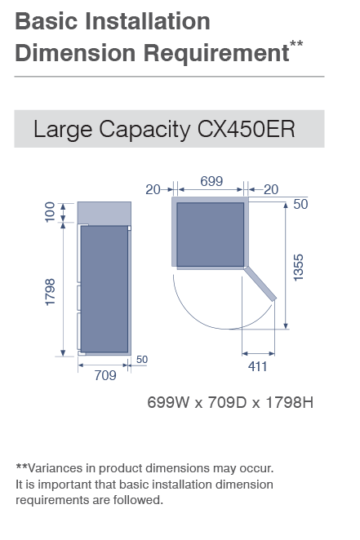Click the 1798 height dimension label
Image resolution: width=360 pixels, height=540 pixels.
pyautogui.click(x=51, y=292)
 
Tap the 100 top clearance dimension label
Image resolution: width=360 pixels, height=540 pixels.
pyautogui.click(x=51, y=212)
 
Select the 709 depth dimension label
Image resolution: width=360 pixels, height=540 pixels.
pyautogui.click(x=105, y=375)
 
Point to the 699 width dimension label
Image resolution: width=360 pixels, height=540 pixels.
pyautogui.click(x=211, y=181)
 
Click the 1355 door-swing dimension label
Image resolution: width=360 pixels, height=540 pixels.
pyautogui.click(x=298, y=268)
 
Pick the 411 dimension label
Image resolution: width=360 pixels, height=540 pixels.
pyautogui.click(x=258, y=366)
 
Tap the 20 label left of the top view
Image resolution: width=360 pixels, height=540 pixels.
pyautogui.click(x=153, y=189)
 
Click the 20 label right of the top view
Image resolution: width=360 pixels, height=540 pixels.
pyautogui.click(x=271, y=189)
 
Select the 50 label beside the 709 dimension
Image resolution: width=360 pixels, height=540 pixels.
pyautogui.click(x=142, y=360)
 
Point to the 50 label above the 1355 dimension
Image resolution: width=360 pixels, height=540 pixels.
pyautogui.click(x=300, y=204)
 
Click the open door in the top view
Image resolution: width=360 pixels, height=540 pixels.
pyautogui.click(x=260, y=283)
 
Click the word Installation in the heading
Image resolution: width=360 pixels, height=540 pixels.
pyautogui.click(x=148, y=21)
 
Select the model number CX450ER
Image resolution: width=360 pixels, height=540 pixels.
pyautogui.click(x=246, y=129)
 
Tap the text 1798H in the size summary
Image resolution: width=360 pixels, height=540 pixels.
pyautogui.click(x=289, y=402)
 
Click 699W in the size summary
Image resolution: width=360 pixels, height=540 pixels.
pyautogui.click(x=168, y=402)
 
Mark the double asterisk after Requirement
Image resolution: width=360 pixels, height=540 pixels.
pyautogui.click(x=296, y=44)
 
